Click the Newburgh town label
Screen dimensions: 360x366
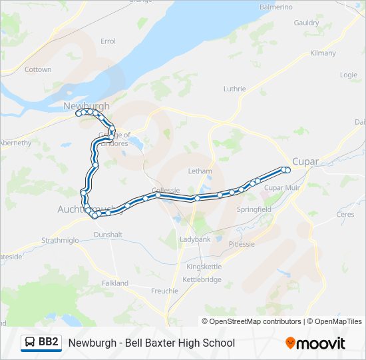click(86, 105)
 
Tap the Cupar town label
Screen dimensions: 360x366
click(305, 161)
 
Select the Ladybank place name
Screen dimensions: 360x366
click(196, 239)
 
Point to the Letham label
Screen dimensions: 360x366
click(200, 171)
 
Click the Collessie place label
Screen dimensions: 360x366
click(166, 190)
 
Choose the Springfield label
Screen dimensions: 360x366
click(254, 209)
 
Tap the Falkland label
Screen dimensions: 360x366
click(115, 283)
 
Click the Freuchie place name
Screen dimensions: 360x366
click(164, 291)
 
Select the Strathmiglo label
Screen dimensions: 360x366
click(61, 240)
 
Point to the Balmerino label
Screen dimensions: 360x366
click(275, 7)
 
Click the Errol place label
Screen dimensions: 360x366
click(108, 41)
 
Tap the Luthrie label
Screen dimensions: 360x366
click(234, 89)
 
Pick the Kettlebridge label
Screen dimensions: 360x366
click(202, 279)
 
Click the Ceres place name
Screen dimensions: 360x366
click(345, 215)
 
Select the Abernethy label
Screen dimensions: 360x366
click(16, 143)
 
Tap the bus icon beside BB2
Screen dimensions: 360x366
click(31, 343)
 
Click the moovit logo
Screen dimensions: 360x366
click(315, 343)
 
